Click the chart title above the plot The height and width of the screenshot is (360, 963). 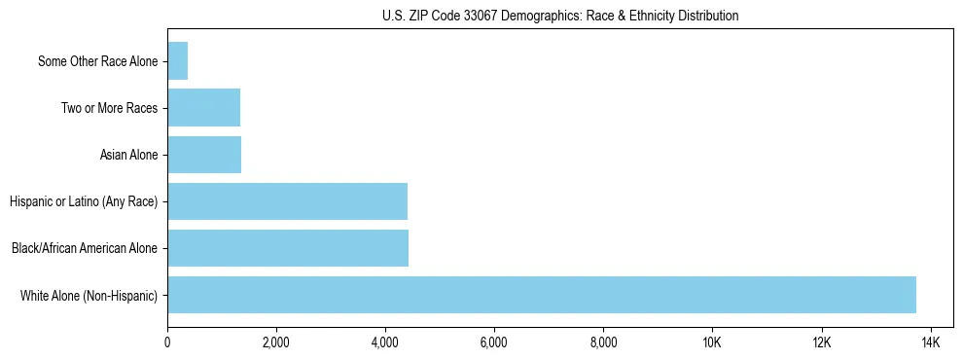[x=559, y=16]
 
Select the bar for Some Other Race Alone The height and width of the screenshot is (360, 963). [x=178, y=61]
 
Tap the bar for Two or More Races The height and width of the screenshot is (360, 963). [x=204, y=108]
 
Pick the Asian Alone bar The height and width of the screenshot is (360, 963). [x=204, y=155]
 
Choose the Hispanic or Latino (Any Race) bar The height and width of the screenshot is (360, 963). [x=288, y=201]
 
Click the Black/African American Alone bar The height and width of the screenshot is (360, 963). [x=288, y=248]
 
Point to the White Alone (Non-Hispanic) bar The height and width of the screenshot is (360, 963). [x=542, y=295]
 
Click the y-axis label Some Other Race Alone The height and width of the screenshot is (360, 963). [x=98, y=61]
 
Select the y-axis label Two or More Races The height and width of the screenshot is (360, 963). [x=109, y=108]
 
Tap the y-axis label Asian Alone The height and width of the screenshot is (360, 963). [x=128, y=155]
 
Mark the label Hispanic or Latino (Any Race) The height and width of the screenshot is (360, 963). [x=84, y=201]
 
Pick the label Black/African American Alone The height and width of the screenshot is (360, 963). [x=85, y=248]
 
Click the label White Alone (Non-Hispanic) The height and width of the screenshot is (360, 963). [x=89, y=295]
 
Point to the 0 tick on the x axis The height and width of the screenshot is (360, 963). [x=167, y=342]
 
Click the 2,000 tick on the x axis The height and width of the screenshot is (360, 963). [x=276, y=342]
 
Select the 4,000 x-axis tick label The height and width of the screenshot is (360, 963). [x=385, y=342]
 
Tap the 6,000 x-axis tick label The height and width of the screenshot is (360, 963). [x=494, y=342]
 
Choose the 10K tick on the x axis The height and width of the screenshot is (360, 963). [x=712, y=342]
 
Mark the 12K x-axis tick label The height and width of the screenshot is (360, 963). [x=821, y=342]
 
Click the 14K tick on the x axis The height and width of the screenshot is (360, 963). [x=930, y=342]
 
